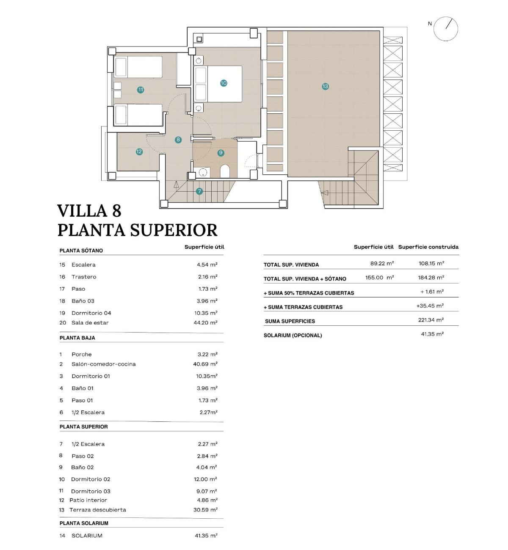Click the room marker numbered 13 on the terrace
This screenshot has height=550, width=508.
[325, 86]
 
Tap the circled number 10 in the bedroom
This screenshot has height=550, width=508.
[224, 83]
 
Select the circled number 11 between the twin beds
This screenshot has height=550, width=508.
[141, 90]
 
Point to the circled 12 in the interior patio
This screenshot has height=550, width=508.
[139, 151]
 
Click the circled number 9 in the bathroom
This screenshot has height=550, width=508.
[221, 153]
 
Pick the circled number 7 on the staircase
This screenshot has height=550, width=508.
[199, 191]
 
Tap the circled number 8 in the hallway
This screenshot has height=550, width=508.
[178, 140]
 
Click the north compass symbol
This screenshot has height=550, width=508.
[446, 29]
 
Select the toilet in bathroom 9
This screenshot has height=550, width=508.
[225, 171]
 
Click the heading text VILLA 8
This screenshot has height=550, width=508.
[89, 211]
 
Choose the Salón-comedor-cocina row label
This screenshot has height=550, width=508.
[104, 364]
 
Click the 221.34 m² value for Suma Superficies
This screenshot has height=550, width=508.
[431, 320]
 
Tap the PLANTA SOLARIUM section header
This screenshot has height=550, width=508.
[84, 523]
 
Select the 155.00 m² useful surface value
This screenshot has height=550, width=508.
[379, 278]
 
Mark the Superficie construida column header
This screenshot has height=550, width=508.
[428, 247]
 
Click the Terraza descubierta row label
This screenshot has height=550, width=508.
[98, 510]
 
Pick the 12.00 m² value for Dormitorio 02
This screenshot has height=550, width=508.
[205, 479]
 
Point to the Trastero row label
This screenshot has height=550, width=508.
[84, 277]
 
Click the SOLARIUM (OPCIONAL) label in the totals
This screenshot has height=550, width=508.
[293, 335]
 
